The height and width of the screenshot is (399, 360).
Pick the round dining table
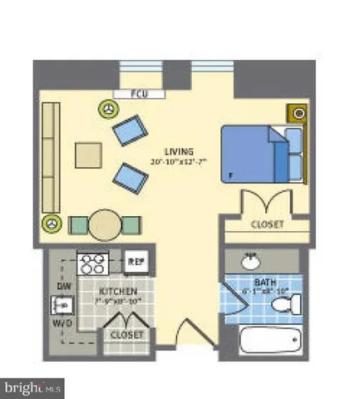point(106,224)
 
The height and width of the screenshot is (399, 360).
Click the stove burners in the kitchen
point(92,264)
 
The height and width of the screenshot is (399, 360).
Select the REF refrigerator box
point(136,263)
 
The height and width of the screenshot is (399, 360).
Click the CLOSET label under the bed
point(266,224)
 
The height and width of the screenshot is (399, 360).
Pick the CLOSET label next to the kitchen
point(126,334)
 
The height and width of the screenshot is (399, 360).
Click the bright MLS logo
point(33,387)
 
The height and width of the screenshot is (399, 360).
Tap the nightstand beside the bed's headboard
point(297,114)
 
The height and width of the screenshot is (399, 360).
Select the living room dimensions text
point(180,161)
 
